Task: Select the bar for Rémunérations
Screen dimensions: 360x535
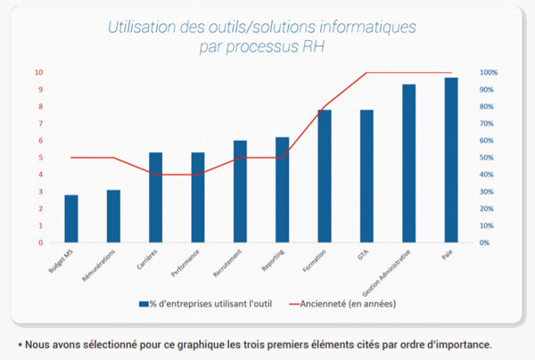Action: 113,216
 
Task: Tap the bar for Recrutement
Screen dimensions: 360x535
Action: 240,192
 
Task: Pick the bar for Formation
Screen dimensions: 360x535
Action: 325,176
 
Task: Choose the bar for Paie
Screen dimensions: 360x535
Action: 451,160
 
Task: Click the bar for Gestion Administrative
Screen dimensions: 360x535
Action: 408,163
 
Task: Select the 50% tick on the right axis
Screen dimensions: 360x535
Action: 488,158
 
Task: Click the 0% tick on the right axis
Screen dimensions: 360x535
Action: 486,242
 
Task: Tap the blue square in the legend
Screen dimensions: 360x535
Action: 143,304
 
